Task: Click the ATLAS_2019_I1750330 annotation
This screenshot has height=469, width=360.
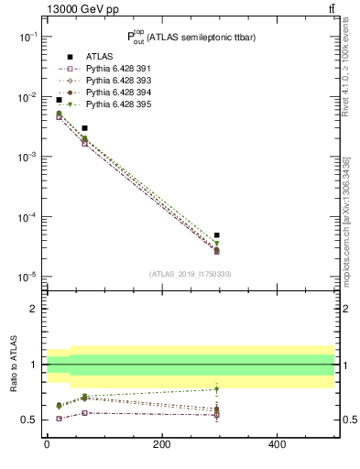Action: (x=190, y=274)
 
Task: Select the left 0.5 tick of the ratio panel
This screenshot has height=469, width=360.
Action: (x=30, y=420)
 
